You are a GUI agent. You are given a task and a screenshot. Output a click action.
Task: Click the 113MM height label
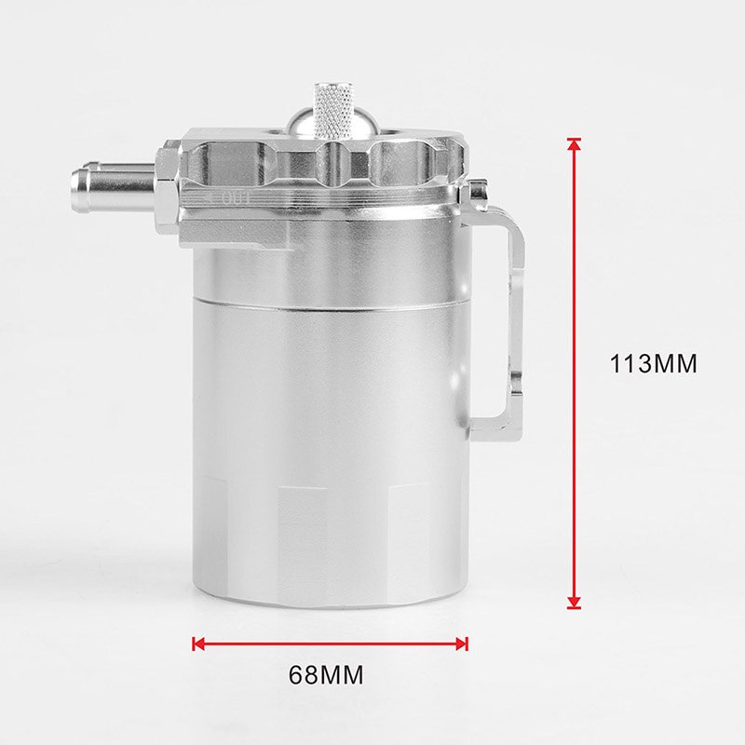click(653, 363)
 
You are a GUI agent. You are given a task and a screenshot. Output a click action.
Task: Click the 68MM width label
click(326, 673)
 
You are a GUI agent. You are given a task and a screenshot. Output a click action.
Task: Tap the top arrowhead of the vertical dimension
click(574, 145)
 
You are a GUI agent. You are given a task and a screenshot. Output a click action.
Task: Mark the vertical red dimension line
click(574, 372)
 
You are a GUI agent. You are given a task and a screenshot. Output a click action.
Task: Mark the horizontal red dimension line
click(331, 643)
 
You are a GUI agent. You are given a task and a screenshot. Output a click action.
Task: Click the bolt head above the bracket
click(478, 193)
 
